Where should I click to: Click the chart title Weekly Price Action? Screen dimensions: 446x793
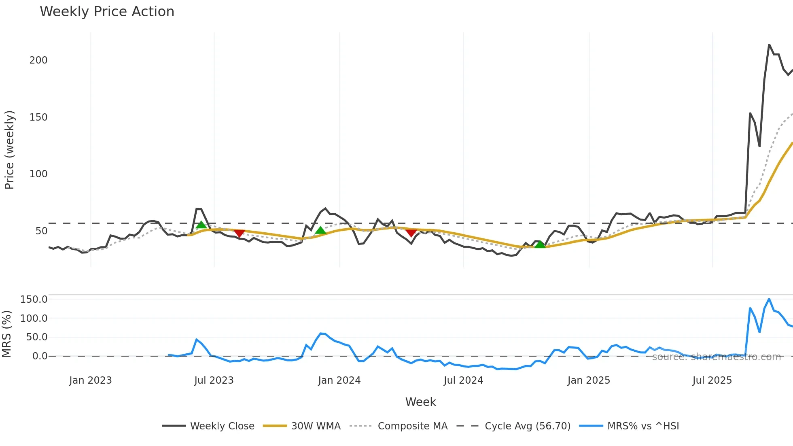click(107, 12)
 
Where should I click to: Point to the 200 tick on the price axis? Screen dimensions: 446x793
click(38, 60)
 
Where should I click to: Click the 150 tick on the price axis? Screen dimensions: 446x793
click(38, 117)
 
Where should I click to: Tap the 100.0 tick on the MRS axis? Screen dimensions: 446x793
click(34, 319)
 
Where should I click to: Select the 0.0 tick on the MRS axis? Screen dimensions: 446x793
click(40, 356)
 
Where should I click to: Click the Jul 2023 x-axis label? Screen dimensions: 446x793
click(214, 380)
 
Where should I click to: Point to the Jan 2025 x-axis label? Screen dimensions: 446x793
click(589, 380)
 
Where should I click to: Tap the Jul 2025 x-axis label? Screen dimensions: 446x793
click(712, 380)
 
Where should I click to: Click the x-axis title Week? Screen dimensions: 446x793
click(420, 402)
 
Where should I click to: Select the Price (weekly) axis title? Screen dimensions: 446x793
click(9, 150)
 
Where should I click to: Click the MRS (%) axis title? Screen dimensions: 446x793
click(6, 334)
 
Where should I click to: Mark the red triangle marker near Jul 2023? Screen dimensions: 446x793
click(239, 233)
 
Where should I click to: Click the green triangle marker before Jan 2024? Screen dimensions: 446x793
click(320, 230)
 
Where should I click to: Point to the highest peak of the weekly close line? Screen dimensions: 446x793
click(769, 45)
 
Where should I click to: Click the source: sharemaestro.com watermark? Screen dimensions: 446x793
click(716, 357)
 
